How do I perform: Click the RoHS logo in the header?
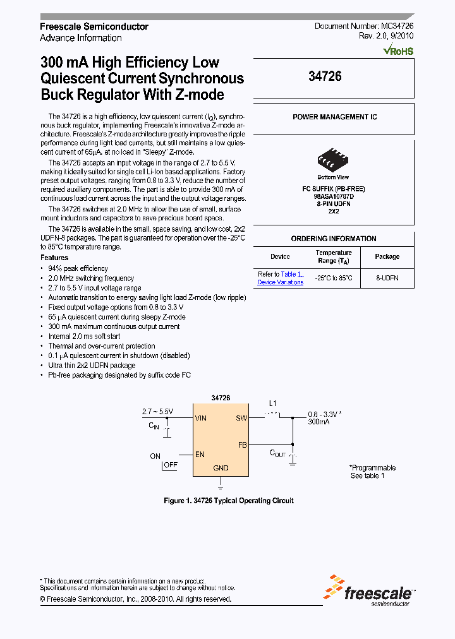pos(399,49)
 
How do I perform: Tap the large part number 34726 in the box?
pos(325,76)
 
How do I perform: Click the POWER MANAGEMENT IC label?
pos(334,117)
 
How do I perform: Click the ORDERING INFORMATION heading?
pos(334,239)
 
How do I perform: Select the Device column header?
pos(280,256)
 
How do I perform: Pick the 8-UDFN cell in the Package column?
pos(387,278)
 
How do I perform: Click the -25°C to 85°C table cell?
pos(334,278)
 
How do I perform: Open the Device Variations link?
pos(280,282)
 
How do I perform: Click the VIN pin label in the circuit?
pos(201,418)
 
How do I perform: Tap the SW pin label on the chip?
pos(241,418)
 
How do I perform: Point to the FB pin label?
pos(242,445)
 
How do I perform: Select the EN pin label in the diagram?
pos(200,454)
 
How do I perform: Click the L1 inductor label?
pos(273,403)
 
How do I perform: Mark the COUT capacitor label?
pos(278,453)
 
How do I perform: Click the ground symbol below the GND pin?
pos(221,486)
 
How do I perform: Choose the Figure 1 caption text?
pos(228,501)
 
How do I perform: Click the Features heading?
pos(54,258)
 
